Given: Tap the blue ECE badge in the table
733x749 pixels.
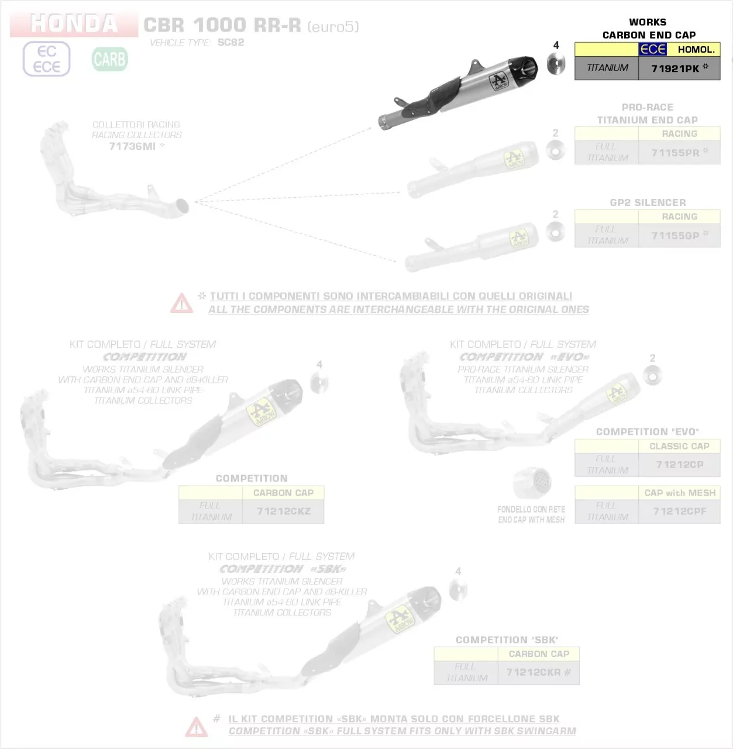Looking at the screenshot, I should pyautogui.click(x=652, y=50).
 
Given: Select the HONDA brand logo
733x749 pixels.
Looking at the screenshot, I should pyautogui.click(x=74, y=23).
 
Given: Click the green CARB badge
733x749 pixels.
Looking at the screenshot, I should pyautogui.click(x=109, y=59).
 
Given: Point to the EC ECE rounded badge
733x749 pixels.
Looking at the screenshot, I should pyautogui.click(x=46, y=59).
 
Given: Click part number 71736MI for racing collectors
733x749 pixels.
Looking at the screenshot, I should pyautogui.click(x=133, y=146).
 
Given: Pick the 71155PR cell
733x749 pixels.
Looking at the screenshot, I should pyautogui.click(x=679, y=152).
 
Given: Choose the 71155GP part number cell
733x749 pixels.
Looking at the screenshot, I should pyautogui.click(x=679, y=235).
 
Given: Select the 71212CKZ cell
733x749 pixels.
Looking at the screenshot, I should pyautogui.click(x=283, y=511).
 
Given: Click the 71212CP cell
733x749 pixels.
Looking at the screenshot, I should pyautogui.click(x=679, y=464).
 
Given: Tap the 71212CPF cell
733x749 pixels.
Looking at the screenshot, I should pyautogui.click(x=679, y=511).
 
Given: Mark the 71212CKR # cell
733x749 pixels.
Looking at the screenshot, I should pyautogui.click(x=538, y=672).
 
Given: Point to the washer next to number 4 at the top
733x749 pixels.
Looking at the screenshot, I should pyautogui.click(x=556, y=64).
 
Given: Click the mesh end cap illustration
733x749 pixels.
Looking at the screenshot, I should pyautogui.click(x=532, y=483).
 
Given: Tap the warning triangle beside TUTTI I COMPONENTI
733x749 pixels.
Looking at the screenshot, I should pyautogui.click(x=181, y=303).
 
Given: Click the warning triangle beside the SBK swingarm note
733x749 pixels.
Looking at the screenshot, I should pyautogui.click(x=197, y=726).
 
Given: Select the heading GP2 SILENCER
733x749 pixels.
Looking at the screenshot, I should pyautogui.click(x=648, y=202).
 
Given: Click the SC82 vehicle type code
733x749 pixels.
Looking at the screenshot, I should pyautogui.click(x=230, y=42).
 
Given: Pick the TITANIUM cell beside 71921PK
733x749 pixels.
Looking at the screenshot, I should pyautogui.click(x=607, y=68).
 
